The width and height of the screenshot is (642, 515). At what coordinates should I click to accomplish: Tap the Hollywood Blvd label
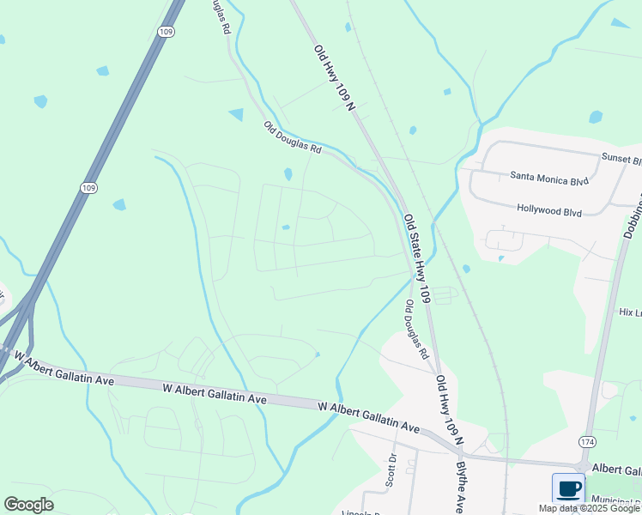tap(549, 209)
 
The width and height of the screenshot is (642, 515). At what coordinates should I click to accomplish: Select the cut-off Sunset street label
tap(621, 160)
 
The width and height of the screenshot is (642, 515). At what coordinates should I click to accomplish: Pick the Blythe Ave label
tap(461, 487)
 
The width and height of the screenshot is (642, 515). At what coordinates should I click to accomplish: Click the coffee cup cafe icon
tap(568, 488)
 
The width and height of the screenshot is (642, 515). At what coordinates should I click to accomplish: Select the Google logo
tap(28, 505)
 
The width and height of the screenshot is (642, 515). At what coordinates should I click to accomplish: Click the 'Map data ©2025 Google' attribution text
tap(589, 508)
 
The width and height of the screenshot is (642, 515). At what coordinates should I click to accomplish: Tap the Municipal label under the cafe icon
tap(615, 500)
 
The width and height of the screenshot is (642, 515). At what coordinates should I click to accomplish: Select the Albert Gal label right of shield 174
tap(616, 470)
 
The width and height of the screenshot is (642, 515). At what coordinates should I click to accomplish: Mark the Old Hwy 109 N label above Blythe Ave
tap(449, 409)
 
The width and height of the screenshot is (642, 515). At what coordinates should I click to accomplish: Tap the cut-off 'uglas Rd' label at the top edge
tap(221, 15)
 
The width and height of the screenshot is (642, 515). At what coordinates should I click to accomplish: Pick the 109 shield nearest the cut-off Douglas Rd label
tap(166, 30)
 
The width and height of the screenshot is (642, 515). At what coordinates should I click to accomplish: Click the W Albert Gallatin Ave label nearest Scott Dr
tap(368, 415)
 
